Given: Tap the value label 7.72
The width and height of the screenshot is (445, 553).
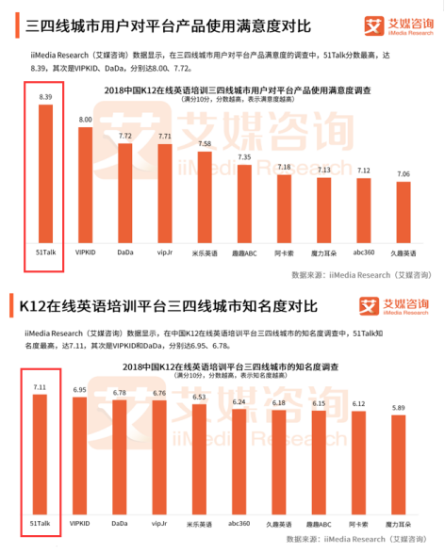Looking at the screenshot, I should pyautogui.click(x=124, y=136).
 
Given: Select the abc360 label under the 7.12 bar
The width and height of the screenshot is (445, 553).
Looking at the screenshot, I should pyautogui.click(x=363, y=253).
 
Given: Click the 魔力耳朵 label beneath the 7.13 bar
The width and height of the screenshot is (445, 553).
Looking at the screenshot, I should pyautogui.click(x=323, y=253).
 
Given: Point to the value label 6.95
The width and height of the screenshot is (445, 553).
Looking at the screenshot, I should pyautogui.click(x=80, y=388).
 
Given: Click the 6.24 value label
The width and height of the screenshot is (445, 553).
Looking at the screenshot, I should pyautogui.click(x=240, y=402).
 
